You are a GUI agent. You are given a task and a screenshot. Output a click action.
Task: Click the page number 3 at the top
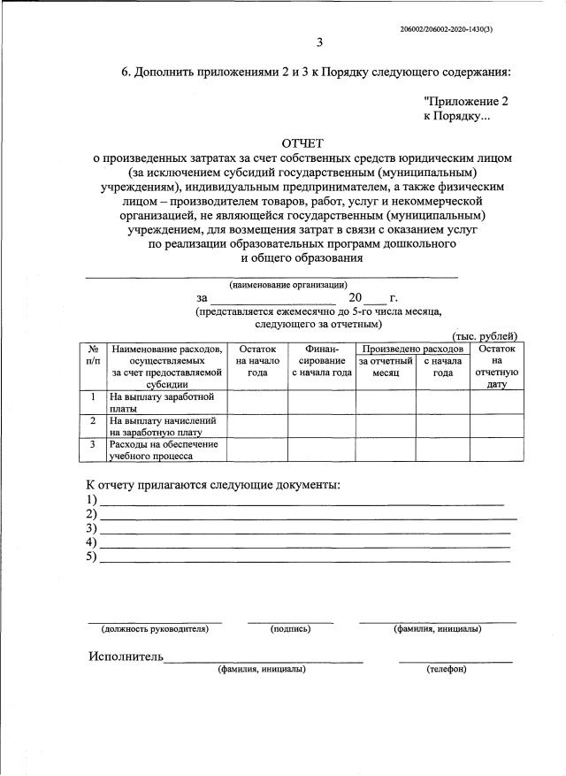point(319,42)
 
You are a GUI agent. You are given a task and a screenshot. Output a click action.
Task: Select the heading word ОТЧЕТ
point(302,142)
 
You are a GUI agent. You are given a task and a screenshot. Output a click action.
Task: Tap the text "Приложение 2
point(466,102)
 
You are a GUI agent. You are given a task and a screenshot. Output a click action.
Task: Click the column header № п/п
point(93,356)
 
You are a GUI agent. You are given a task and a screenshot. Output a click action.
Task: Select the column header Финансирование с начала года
point(321,361)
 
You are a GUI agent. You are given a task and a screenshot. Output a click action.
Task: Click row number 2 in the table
point(93,421)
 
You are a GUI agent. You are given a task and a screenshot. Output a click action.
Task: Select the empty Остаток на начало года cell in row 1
point(257,403)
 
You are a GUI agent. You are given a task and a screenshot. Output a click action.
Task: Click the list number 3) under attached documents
point(91,528)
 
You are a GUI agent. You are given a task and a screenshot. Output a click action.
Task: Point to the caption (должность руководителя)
point(155,629)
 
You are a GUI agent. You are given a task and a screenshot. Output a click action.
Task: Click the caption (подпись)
point(290,629)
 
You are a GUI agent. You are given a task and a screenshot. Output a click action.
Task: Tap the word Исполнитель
point(126,657)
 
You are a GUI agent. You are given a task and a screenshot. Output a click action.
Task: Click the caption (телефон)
point(447,669)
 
